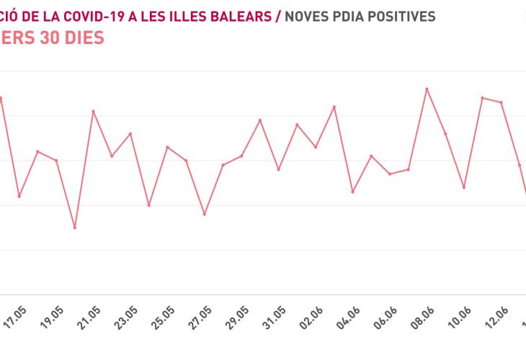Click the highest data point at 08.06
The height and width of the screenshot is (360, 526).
(427, 89)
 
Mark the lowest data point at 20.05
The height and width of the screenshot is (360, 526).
(75, 228)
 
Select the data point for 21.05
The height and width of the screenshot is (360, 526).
(94, 111)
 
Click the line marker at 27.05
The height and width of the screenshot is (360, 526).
(205, 215)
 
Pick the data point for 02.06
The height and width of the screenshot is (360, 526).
(334, 107)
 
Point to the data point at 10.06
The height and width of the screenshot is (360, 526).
(464, 187)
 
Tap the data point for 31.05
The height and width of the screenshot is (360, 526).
(279, 169)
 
